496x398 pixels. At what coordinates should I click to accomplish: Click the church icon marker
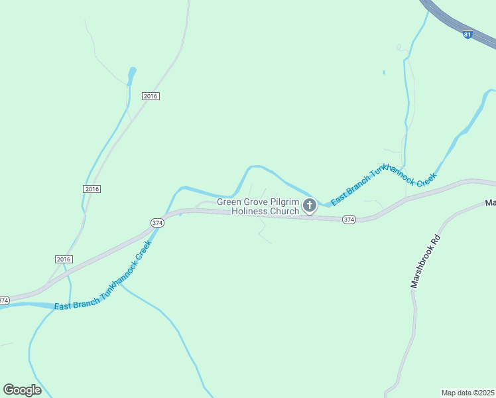309,206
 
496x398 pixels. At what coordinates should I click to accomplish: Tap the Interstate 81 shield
467,34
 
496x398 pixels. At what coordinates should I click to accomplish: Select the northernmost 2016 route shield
151,96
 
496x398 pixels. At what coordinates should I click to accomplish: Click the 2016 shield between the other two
92,189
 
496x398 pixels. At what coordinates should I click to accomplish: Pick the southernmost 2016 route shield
63,259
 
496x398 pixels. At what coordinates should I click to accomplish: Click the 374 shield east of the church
349,220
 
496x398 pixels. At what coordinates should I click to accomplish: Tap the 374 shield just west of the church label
157,223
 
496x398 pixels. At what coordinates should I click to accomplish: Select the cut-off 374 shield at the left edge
4,300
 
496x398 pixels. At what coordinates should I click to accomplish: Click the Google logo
22,390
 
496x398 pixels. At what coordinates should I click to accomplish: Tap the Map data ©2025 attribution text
467,393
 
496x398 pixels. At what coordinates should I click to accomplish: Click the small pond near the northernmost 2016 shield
132,70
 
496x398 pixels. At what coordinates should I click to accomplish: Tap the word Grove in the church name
257,202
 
